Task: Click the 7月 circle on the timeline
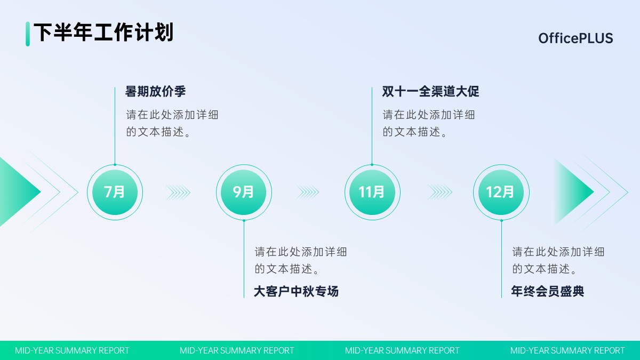click(x=115, y=193)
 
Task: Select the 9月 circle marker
click(x=244, y=193)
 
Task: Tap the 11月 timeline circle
click(x=372, y=193)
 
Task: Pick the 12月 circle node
click(x=501, y=193)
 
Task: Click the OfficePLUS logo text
click(x=575, y=38)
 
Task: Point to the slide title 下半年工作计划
click(x=103, y=33)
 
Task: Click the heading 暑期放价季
click(x=155, y=91)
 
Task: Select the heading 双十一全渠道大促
click(x=430, y=91)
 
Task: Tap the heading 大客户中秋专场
click(x=297, y=291)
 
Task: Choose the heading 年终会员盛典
click(x=547, y=291)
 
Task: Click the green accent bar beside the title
click(x=28, y=34)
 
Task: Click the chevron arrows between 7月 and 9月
click(x=178, y=193)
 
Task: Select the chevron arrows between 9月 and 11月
click(x=307, y=193)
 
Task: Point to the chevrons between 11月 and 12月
click(x=439, y=193)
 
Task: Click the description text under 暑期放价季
click(x=172, y=123)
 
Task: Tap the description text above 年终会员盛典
click(x=558, y=260)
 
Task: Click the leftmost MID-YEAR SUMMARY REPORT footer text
click(x=72, y=350)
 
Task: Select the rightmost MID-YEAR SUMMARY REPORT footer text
click(x=567, y=350)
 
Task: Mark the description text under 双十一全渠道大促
click(x=429, y=123)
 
